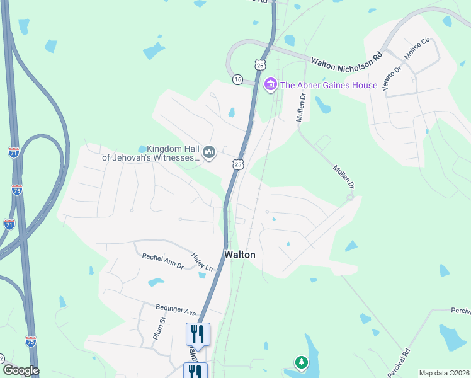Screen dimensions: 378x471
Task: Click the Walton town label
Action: pos(241,255)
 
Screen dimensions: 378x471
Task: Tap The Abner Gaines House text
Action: pos(329,85)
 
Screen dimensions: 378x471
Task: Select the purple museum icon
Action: pos(271,84)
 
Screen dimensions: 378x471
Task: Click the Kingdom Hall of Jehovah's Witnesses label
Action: pos(151,153)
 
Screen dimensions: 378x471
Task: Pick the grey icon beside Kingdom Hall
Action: pos(209,152)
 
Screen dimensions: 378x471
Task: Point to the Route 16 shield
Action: pos(237,79)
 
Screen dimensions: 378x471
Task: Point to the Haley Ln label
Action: pos(203,262)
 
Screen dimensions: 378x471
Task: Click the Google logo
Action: pos(20,370)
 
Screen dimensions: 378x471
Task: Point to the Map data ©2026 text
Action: pos(444,373)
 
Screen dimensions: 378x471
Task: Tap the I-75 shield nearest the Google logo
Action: pos(30,341)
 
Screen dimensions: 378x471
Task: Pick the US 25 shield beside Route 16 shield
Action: pos(260,65)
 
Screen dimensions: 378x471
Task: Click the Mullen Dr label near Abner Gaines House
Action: pos(301,106)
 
